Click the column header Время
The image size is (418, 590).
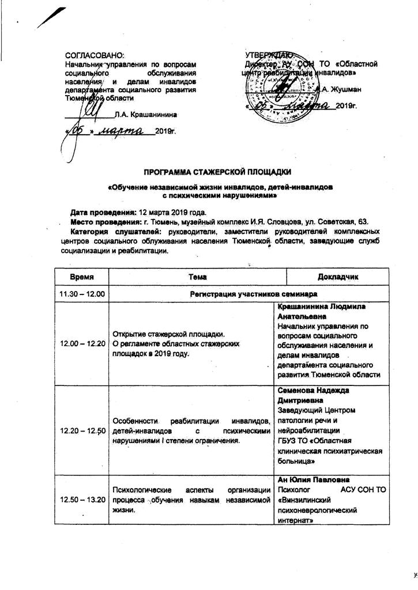pyautogui.click(x=81, y=277)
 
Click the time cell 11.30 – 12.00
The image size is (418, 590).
pyautogui.click(x=81, y=294)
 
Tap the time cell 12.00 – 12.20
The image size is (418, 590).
pyautogui.click(x=81, y=343)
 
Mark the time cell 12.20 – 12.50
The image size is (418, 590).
pyautogui.click(x=81, y=430)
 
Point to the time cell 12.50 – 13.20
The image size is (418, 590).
pyautogui.click(x=81, y=500)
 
